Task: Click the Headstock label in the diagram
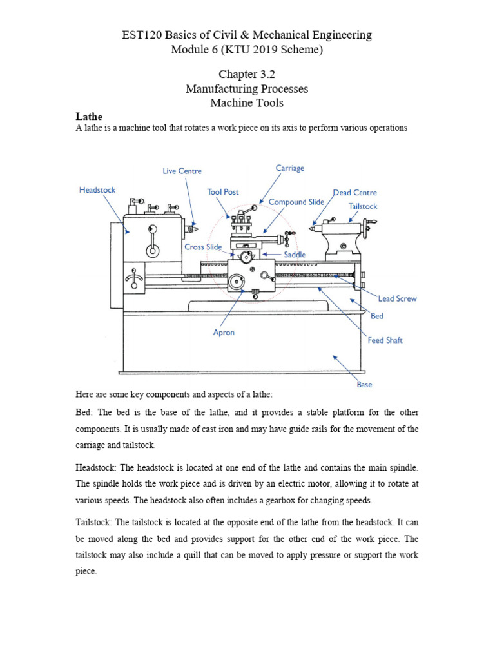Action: click(x=97, y=190)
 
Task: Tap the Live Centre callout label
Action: click(x=182, y=171)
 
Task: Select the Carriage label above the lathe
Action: click(x=289, y=168)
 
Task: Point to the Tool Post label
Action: click(x=223, y=192)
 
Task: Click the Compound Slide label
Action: click(x=296, y=202)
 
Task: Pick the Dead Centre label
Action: click(x=355, y=193)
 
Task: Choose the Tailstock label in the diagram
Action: click(x=363, y=206)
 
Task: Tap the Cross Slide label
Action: click(x=203, y=247)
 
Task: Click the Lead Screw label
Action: click(x=398, y=298)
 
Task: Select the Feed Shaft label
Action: click(x=385, y=340)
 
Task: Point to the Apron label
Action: click(x=224, y=333)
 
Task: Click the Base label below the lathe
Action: click(x=364, y=385)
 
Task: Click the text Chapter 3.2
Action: click(x=247, y=74)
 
